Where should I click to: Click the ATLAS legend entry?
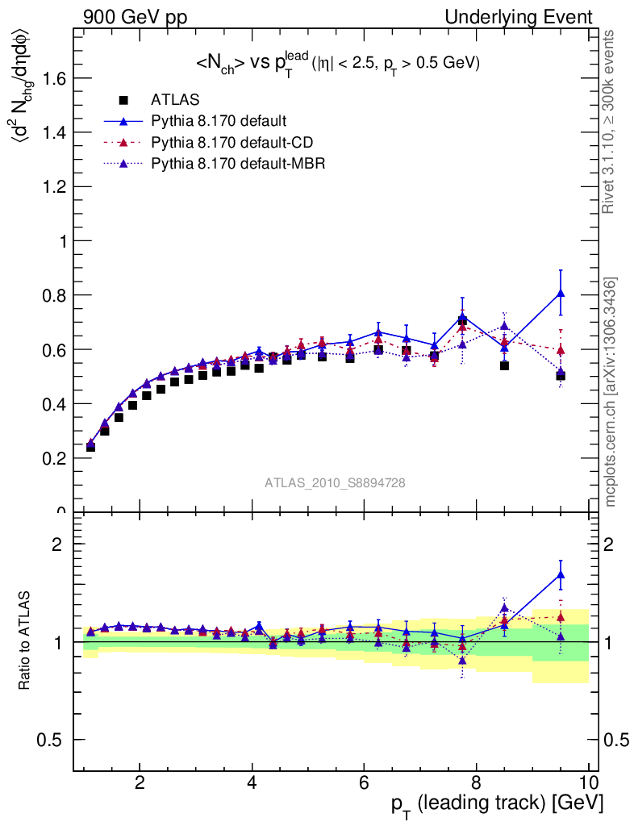click(175, 100)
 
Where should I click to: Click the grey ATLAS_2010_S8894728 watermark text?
click(335, 482)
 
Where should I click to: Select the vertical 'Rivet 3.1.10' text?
click(611, 122)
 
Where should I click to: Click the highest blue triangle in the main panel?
click(561, 294)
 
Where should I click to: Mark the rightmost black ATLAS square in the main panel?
click(561, 376)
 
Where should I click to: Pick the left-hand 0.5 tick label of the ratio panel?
click(51, 740)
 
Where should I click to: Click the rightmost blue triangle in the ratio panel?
click(561, 575)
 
